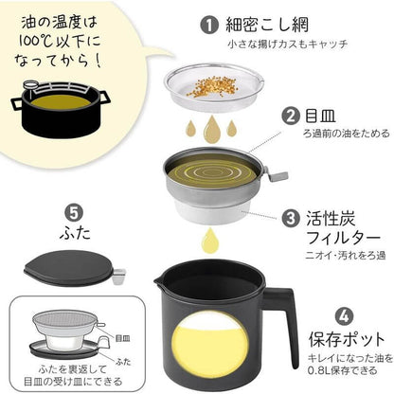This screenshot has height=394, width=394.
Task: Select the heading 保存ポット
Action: (348, 339)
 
